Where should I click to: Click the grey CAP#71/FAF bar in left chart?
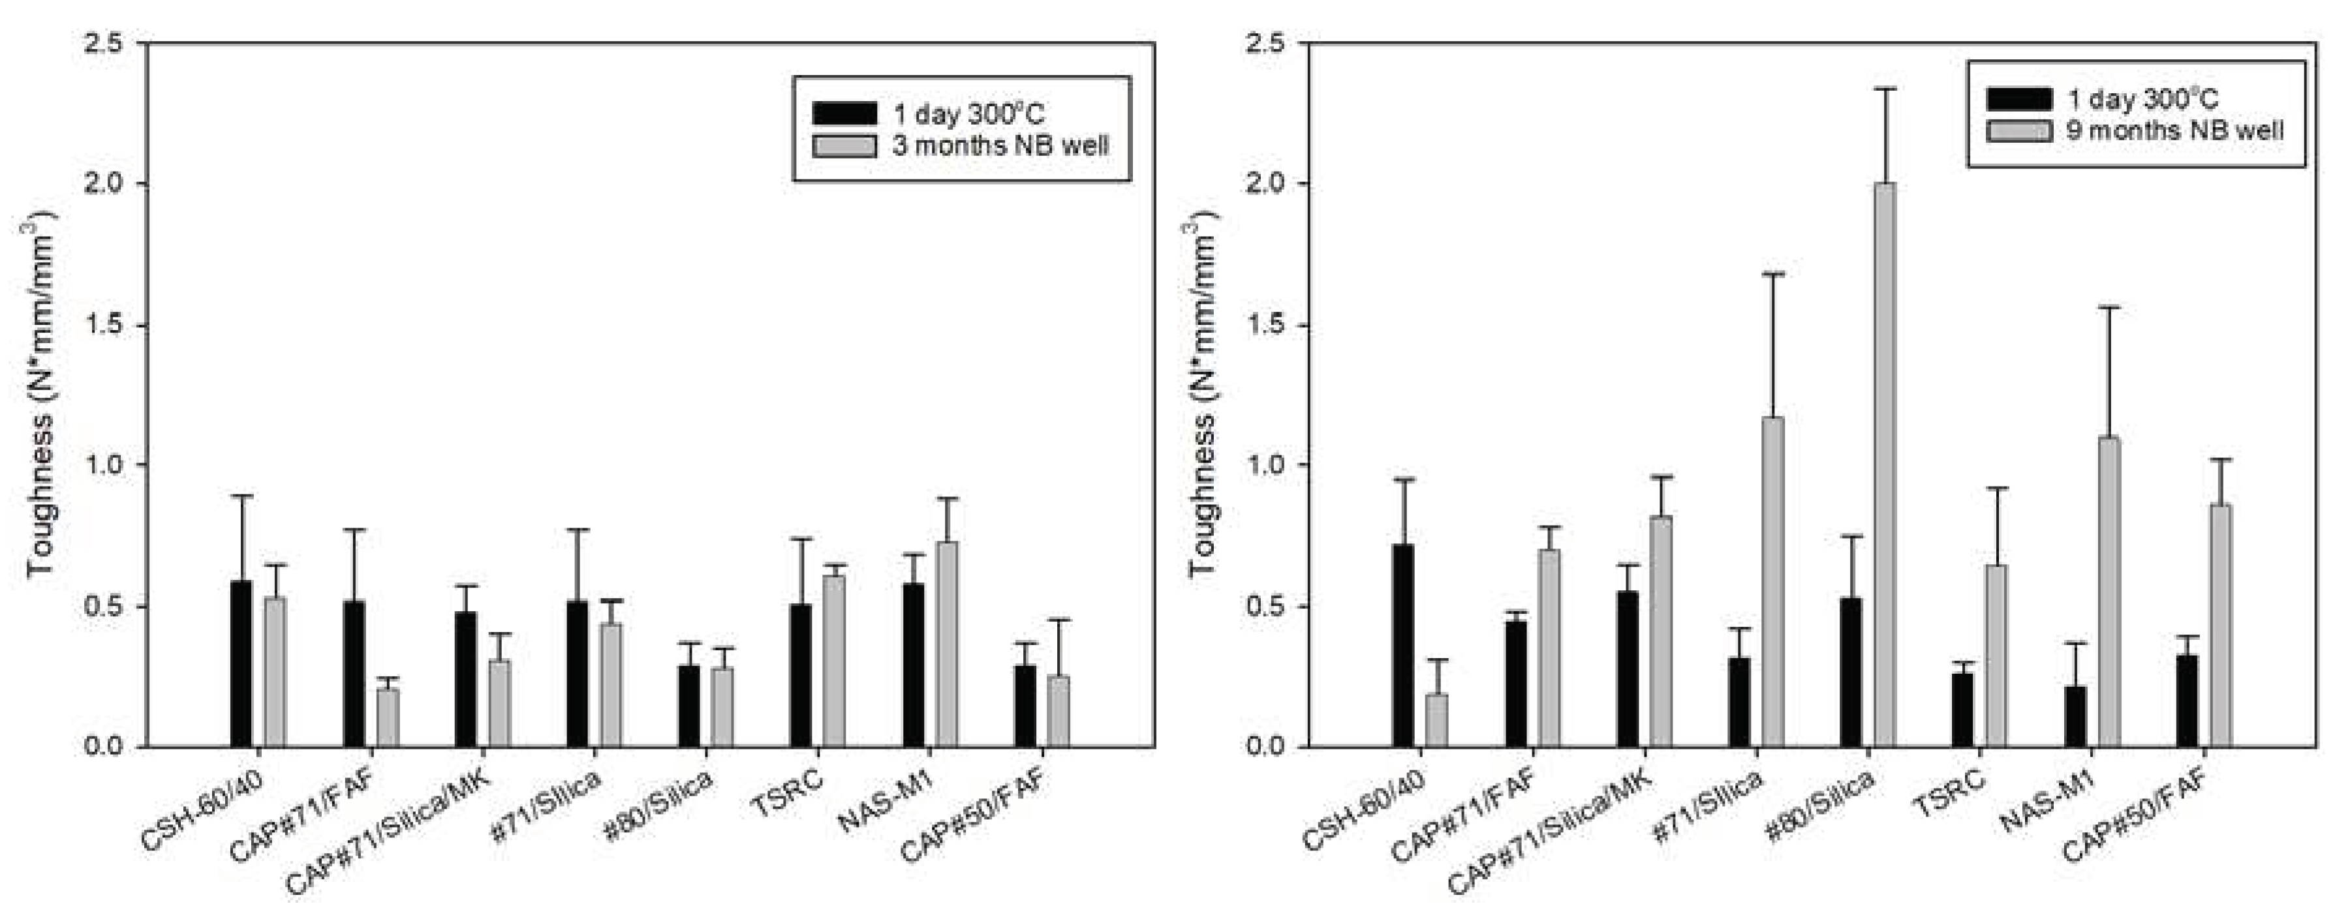coord(388,717)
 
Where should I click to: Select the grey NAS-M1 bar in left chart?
coord(947,644)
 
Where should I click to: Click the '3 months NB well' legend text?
coord(1000,146)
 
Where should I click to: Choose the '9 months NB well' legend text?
coord(2174,130)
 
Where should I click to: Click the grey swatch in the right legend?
coord(2018,130)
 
